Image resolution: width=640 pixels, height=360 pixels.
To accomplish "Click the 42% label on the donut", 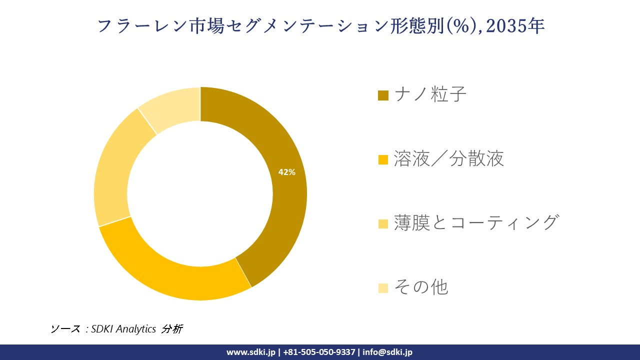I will point(287,172).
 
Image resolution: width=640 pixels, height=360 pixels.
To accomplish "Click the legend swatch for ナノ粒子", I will point(383,95).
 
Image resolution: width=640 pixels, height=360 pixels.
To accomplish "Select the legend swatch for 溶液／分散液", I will point(383,159).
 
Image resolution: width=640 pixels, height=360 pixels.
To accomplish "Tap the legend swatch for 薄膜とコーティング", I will point(383,223).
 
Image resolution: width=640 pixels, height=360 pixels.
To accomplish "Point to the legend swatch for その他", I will point(383,287).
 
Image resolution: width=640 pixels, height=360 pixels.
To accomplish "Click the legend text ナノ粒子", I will point(430,94).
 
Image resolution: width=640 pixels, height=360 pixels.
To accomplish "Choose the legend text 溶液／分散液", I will point(448,158).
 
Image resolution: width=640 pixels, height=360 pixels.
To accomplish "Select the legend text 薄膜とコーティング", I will point(475,222).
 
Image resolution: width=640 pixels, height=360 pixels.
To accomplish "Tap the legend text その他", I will point(420,287).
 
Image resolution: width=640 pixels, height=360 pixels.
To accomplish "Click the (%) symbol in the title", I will point(459,26).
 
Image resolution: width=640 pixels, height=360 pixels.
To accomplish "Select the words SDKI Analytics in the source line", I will point(124,329).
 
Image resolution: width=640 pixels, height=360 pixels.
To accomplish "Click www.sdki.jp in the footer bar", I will point(250,352).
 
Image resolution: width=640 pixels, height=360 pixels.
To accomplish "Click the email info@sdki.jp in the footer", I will point(387,352).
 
